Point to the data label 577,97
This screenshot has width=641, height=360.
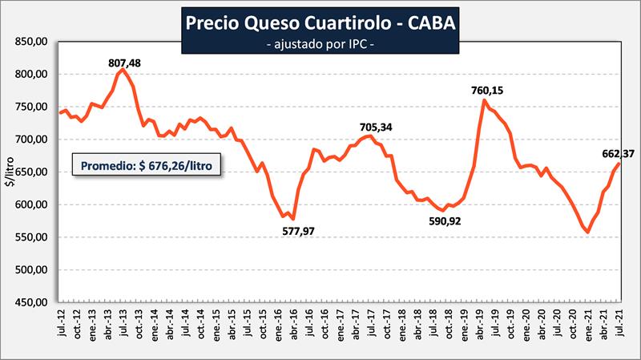(304, 233)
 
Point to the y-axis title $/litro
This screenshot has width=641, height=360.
(10, 172)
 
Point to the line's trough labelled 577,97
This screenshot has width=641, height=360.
(293, 218)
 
